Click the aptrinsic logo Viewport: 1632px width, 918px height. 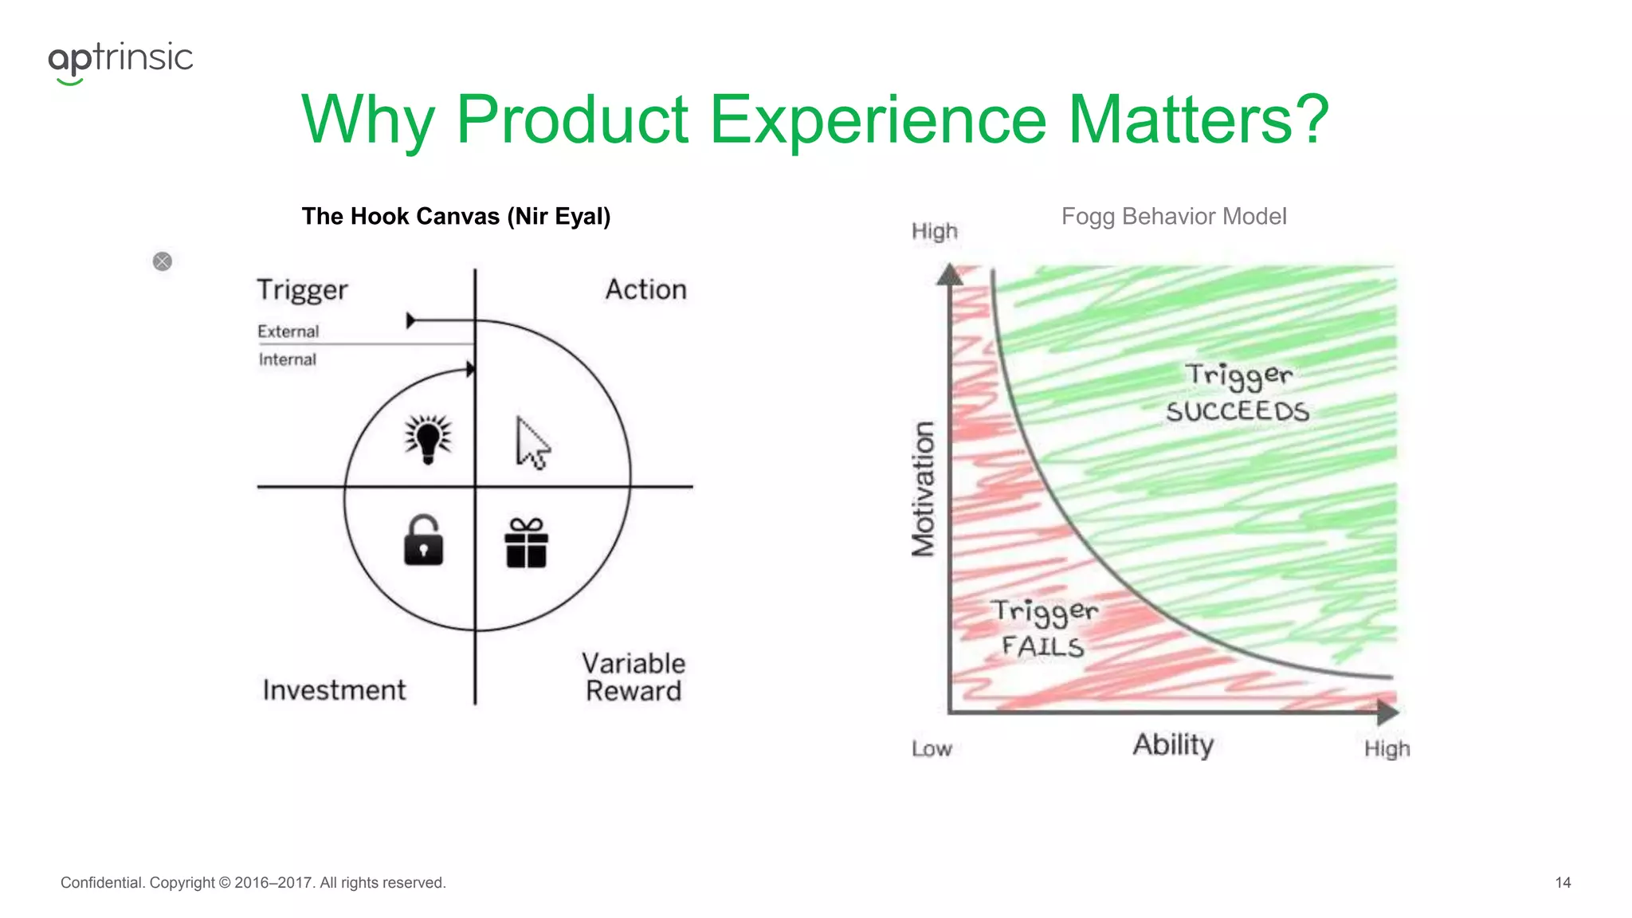120,61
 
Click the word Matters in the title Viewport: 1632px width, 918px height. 1198,120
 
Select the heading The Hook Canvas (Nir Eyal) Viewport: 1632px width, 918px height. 456,216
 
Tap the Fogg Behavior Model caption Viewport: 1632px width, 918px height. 1173,216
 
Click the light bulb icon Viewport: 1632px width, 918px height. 428,438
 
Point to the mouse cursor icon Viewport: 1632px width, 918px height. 532,443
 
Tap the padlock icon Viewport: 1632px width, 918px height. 423,541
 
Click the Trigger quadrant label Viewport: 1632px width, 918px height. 302,290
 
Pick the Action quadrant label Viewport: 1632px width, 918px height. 645,289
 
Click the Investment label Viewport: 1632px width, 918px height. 334,690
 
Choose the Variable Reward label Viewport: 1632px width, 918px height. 634,677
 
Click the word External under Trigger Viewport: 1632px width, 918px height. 288,331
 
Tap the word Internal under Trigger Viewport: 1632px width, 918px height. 287,359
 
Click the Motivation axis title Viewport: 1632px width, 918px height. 923,488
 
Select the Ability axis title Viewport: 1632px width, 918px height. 1173,745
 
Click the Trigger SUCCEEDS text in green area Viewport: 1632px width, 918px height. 1238,393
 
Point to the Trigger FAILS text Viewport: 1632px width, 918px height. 1044,628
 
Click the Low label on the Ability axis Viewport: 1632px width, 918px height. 932,749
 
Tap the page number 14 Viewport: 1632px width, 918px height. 1563,882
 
